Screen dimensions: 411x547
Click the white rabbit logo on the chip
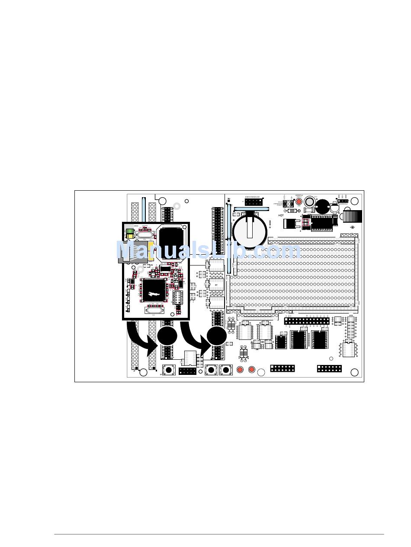(154, 294)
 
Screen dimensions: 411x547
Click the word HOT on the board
(281, 215)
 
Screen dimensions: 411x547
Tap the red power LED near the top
(299, 202)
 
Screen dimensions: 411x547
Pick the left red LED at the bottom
(240, 370)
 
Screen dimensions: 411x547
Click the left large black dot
(167, 336)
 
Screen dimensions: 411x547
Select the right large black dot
(217, 336)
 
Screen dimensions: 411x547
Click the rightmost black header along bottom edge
(329, 369)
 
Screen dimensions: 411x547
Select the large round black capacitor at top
(322, 206)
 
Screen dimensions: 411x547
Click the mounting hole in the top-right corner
(355, 201)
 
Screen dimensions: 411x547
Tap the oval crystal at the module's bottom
(153, 310)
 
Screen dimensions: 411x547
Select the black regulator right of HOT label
(289, 224)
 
